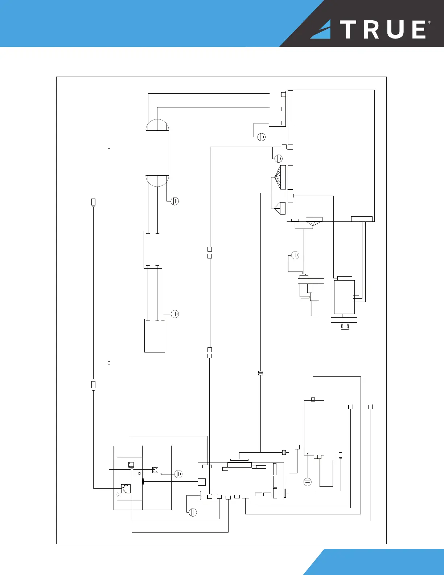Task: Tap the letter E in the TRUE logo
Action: pos(419,29)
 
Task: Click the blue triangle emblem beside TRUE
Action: pos(321,30)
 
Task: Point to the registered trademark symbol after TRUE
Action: pos(430,23)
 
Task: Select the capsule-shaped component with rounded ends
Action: pos(157,153)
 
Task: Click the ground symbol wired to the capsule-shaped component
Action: pos(175,201)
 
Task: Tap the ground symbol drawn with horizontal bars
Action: pos(307,482)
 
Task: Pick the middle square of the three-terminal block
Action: pos(283,109)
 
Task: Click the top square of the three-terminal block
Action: pos(283,94)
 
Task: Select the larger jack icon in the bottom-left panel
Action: pos(126,488)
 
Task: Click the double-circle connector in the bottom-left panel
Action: pos(155,470)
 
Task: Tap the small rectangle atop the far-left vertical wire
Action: pos(93,202)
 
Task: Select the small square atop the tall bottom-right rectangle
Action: pos(313,399)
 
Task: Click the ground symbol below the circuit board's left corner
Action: pos(193,512)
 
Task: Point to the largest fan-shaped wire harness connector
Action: pos(280,177)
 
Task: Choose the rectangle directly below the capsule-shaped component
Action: pos(153,250)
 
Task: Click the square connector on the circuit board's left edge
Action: pos(202,482)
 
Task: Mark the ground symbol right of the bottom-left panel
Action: pos(178,474)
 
